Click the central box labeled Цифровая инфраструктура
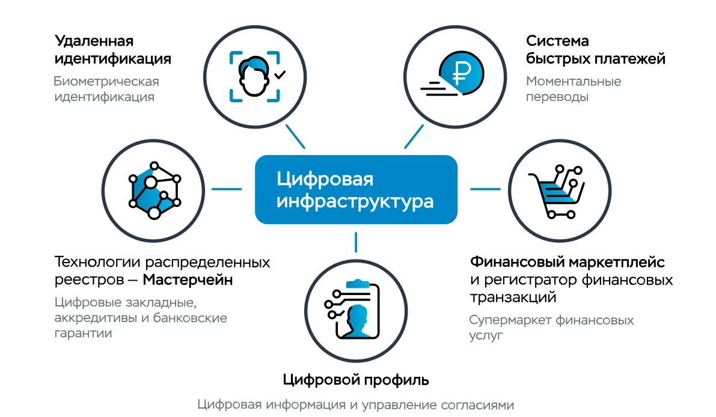[x=356, y=189]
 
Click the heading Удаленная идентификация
[x=113, y=50]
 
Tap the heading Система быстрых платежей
[x=595, y=50]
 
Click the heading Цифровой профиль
[x=356, y=380]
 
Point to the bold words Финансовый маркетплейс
[x=568, y=263]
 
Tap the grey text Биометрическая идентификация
[x=106, y=89]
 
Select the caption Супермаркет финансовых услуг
[x=551, y=328]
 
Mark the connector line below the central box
[x=356, y=242]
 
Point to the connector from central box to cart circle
[x=485, y=189]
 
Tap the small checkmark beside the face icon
[x=280, y=75]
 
